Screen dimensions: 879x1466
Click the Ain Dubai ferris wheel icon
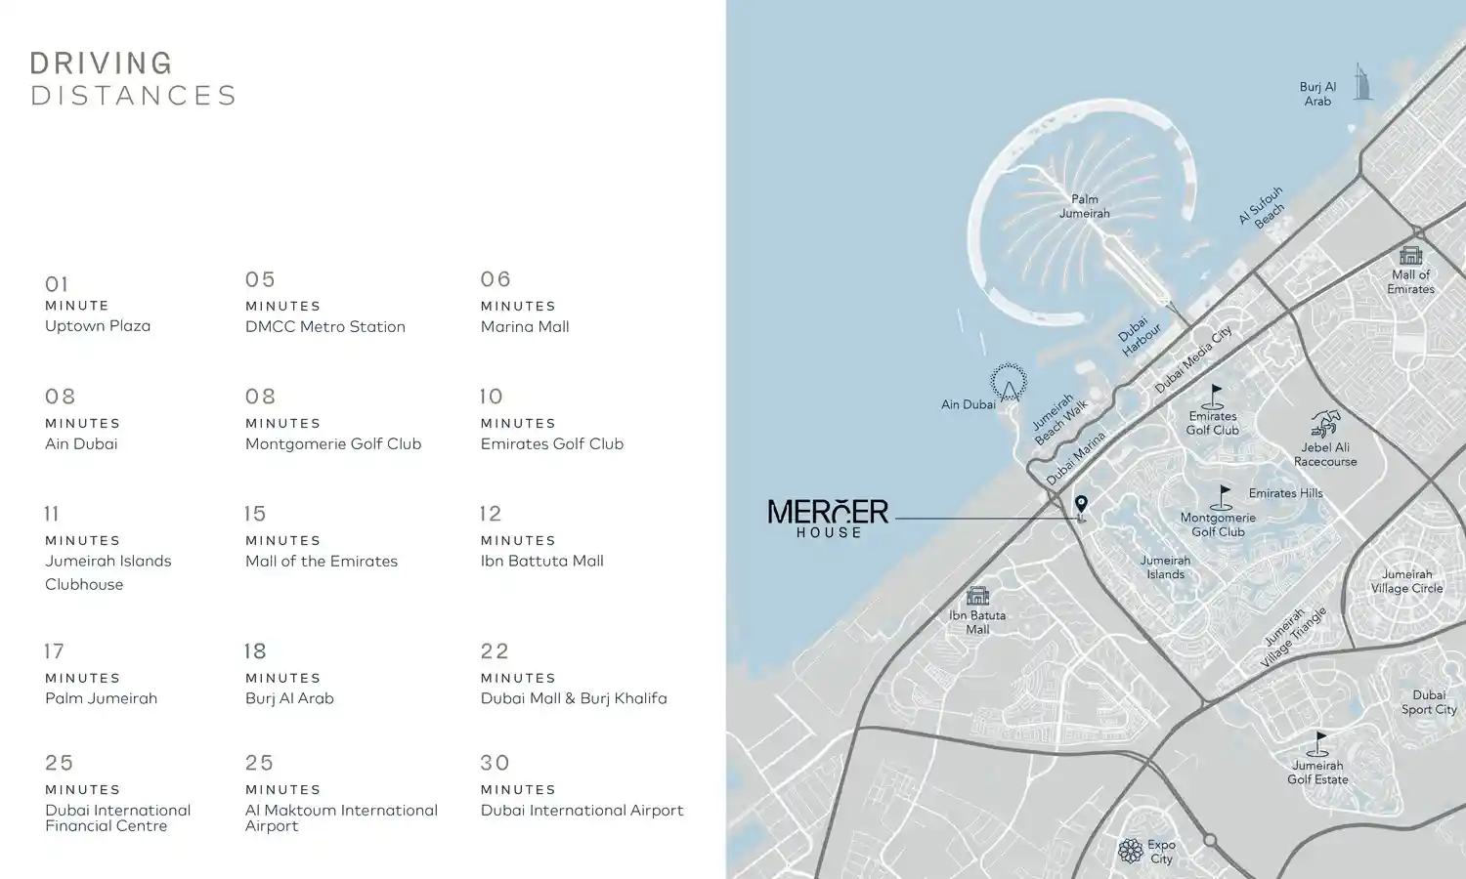point(1009,382)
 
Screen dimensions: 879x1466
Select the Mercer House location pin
point(1081,504)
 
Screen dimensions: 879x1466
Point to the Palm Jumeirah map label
point(1084,206)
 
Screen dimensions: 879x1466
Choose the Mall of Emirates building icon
point(1410,256)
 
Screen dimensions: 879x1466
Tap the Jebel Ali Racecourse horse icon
point(1325,424)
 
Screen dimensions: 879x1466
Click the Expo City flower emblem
point(1131,851)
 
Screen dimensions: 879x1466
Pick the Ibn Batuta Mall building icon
point(977,595)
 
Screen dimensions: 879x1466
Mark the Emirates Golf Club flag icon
point(1214,396)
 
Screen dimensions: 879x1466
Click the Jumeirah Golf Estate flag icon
point(1318,744)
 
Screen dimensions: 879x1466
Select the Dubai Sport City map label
point(1429,702)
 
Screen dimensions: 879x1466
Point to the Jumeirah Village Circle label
point(1406,581)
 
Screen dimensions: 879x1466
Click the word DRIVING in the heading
point(102,63)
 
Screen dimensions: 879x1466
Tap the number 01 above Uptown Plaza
point(57,284)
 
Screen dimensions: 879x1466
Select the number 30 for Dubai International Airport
point(496,763)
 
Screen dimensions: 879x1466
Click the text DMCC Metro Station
point(324,327)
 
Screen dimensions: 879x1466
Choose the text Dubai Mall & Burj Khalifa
point(574,698)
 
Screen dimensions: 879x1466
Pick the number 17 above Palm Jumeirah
point(55,651)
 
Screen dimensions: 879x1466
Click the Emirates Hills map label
point(1285,493)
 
